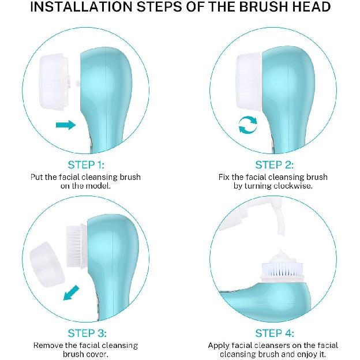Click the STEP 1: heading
tap(87, 164)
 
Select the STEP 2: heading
tap(274, 164)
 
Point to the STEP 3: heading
tap(87, 333)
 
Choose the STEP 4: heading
tap(274, 333)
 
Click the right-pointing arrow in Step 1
tap(66, 124)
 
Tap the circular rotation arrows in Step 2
tap(249, 125)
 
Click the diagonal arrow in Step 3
tap(71, 292)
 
